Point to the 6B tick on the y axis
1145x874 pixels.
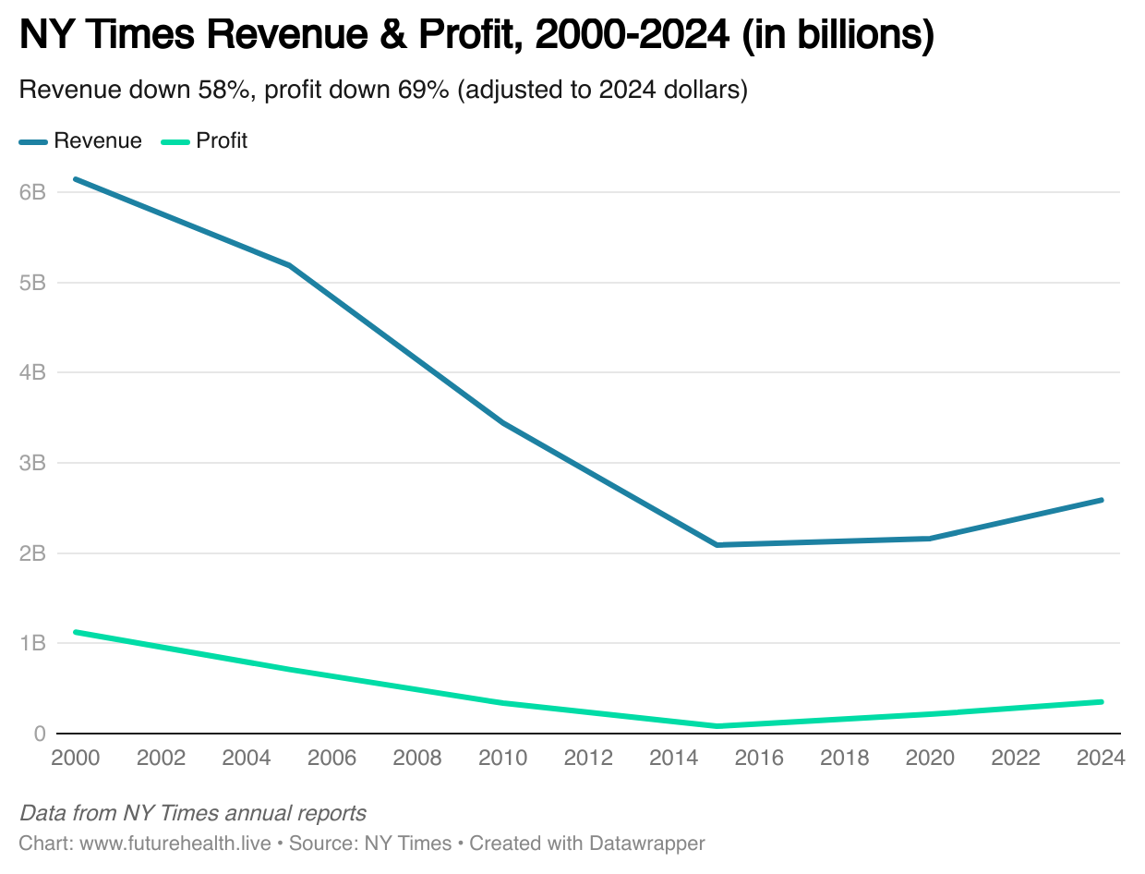[x=32, y=192]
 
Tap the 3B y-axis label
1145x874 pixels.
[x=32, y=463]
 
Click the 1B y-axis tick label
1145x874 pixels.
[x=32, y=643]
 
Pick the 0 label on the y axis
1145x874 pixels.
[x=39, y=734]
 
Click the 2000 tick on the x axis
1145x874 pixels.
[x=77, y=759]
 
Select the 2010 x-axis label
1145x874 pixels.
[x=503, y=759]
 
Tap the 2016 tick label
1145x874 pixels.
[x=759, y=759]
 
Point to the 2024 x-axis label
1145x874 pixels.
[x=1100, y=759]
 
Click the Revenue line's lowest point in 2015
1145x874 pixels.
[x=717, y=545]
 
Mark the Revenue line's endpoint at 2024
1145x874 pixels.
[x=1101, y=500]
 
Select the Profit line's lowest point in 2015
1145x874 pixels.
[x=717, y=726]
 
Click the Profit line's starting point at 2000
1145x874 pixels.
[x=76, y=632]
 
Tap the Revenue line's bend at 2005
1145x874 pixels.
[x=290, y=266]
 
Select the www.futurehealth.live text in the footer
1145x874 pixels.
[x=175, y=844]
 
